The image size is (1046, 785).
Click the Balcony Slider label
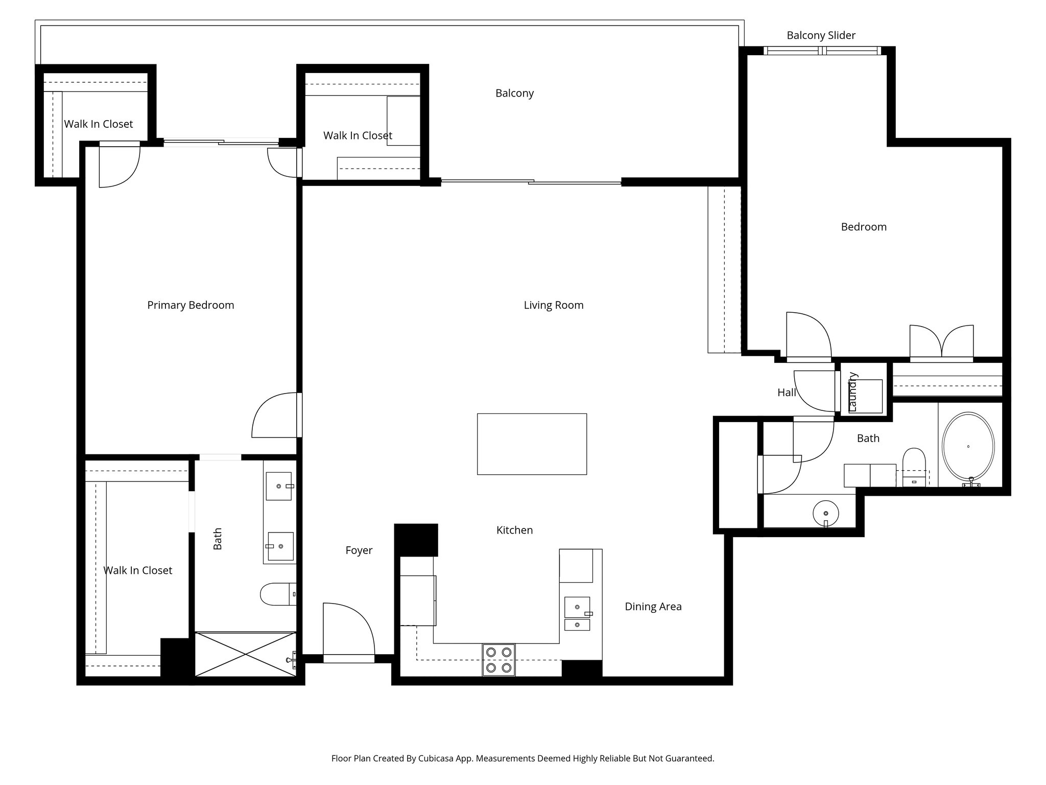click(x=821, y=35)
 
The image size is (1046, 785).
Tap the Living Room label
click(x=553, y=305)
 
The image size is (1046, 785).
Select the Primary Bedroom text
click(x=191, y=305)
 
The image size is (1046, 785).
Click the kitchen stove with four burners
click(x=499, y=660)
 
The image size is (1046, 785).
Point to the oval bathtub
click(x=968, y=446)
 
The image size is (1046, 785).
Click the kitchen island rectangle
click(x=532, y=444)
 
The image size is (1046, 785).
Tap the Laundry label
click(x=852, y=392)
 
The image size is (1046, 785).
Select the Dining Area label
click(x=653, y=607)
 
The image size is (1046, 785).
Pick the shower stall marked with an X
click(x=246, y=654)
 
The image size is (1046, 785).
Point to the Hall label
click(x=787, y=392)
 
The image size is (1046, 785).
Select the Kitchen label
click(x=514, y=530)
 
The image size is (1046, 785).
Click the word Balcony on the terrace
click(x=514, y=93)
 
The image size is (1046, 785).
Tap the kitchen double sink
click(x=577, y=613)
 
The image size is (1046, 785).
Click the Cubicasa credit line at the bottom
click(x=522, y=758)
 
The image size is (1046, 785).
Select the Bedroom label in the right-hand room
click(x=863, y=227)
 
